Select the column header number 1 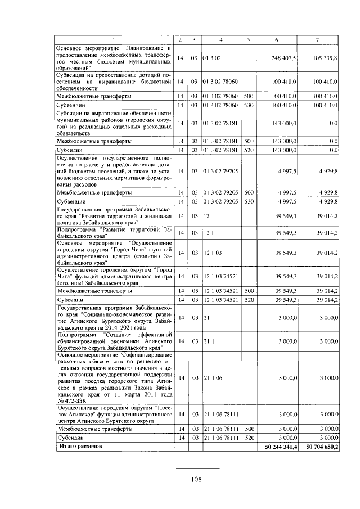(113, 39)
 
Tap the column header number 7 (318, 39)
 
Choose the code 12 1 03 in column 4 (213, 253)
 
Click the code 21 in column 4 (206, 318)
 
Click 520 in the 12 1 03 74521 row (247, 300)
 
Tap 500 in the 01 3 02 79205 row (247, 192)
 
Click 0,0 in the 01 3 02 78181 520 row (333, 150)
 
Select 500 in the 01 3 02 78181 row (247, 141)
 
